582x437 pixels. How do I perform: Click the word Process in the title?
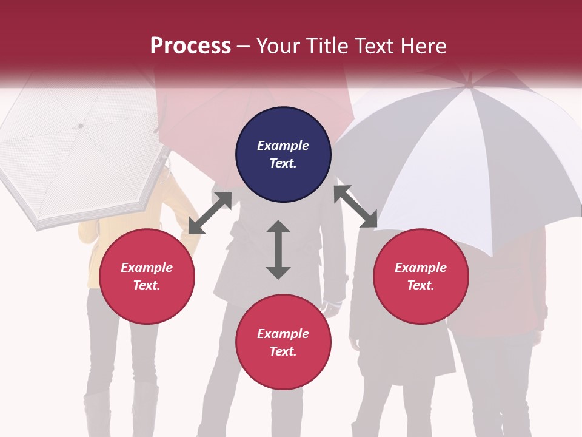tap(190, 46)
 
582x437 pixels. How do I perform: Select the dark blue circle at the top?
tap(283, 155)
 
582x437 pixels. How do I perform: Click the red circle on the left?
tap(147, 276)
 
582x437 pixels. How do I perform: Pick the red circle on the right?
tap(421, 276)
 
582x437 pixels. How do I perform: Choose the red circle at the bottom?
tap(283, 342)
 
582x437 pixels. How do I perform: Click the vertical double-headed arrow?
tap(278, 249)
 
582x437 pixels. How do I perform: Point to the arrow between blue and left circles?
tap(210, 213)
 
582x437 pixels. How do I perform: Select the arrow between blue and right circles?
tap(356, 206)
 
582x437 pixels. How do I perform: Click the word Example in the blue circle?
tap(283, 146)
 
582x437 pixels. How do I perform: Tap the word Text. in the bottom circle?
tap(283, 351)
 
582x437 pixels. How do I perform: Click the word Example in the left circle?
tap(147, 268)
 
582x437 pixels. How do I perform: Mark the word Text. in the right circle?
tap(421, 285)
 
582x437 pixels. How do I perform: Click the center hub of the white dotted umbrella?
tap(81, 126)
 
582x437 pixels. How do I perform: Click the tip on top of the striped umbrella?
tap(470, 78)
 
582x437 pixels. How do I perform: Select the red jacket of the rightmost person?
tap(521, 303)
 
